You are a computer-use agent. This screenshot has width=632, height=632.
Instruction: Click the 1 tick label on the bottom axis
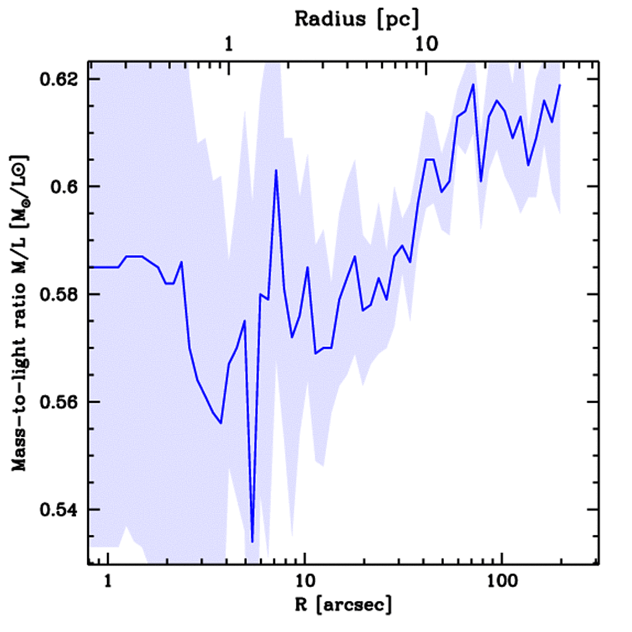pyautogui.click(x=108, y=581)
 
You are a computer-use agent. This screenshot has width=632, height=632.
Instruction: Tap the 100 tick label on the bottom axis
pyautogui.click(x=501, y=581)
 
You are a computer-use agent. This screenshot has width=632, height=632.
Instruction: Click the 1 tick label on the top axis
pyautogui.click(x=228, y=44)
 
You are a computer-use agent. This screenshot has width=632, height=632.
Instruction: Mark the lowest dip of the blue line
pyautogui.click(x=252, y=541)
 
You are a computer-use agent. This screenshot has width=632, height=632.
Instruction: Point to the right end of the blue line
pyautogui.click(x=560, y=85)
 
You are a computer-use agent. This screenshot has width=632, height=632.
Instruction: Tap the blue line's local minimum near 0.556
pyautogui.click(x=220, y=423)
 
